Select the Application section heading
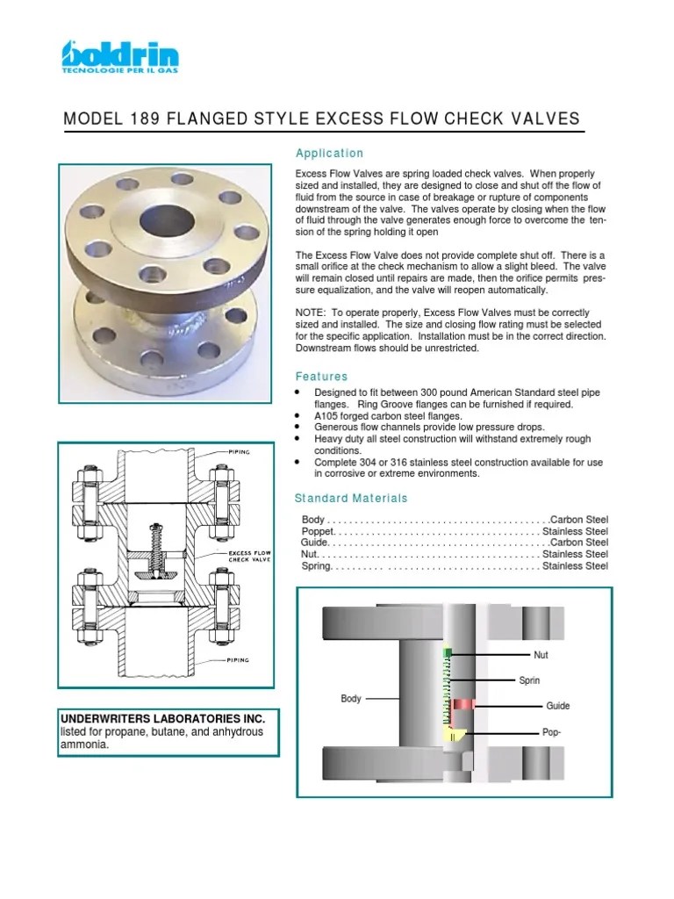click(329, 154)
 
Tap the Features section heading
click(321, 376)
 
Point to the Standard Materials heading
click(351, 498)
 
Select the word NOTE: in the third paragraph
click(312, 313)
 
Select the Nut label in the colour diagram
click(540, 655)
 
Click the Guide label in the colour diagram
click(557, 706)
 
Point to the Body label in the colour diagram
click(351, 699)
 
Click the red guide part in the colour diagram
click(464, 704)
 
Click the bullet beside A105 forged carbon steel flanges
click(298, 415)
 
